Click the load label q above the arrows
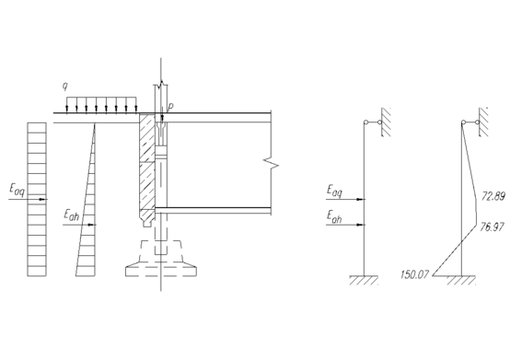pos(65,87)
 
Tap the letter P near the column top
pos(171,107)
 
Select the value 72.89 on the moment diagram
pos(493,196)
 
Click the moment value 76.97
pos(493,227)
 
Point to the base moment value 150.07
pos(414,274)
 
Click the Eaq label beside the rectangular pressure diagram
pos(17,190)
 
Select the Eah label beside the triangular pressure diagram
pos(71,215)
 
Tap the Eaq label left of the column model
pos(335,191)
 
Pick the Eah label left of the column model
pos(334,217)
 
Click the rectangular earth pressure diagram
pos(37,200)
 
